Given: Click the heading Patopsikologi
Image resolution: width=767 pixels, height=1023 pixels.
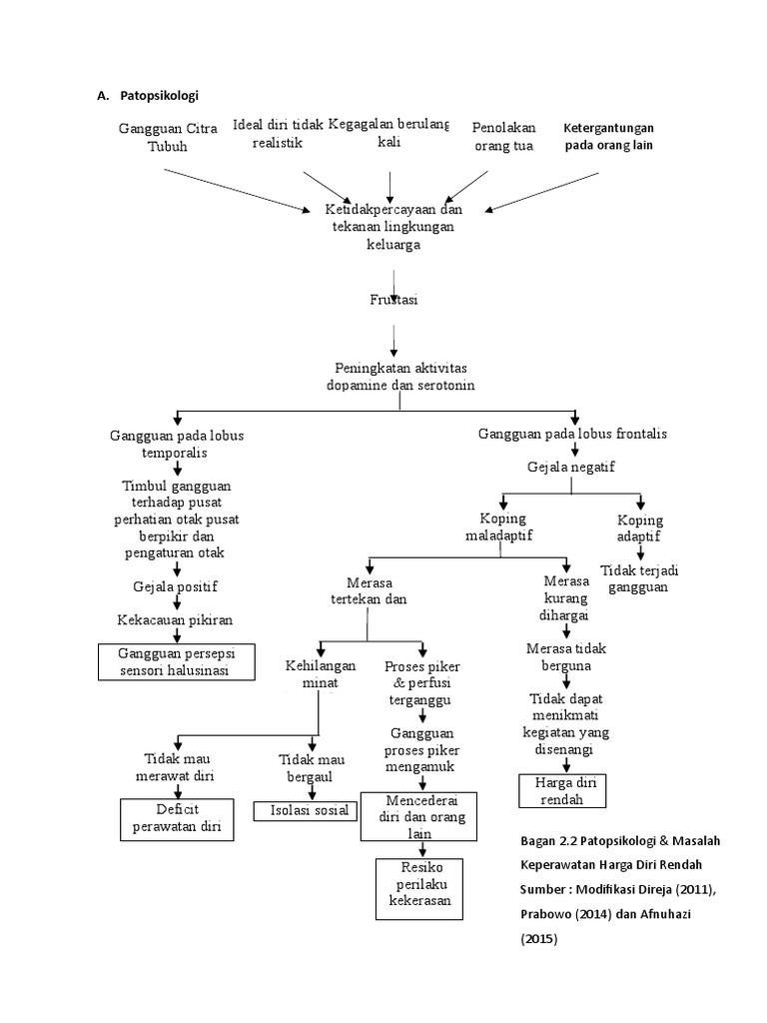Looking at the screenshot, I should point(160,96).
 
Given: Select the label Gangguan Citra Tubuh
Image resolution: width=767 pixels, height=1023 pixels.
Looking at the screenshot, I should point(167,138).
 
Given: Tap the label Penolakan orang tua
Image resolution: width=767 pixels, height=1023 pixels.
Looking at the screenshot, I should point(503,137).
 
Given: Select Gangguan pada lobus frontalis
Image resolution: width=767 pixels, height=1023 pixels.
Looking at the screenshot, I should point(572,434).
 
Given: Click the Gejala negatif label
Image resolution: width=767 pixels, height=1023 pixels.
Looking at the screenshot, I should point(570,467).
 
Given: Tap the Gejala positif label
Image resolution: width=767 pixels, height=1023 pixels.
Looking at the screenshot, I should point(175,586).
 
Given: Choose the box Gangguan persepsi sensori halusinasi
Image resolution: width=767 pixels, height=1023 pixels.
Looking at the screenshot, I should point(175,661).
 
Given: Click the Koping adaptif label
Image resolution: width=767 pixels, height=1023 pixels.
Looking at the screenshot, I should point(640,529).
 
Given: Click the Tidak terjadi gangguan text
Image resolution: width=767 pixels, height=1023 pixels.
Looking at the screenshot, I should point(639,578).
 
